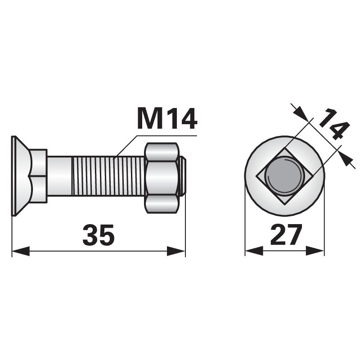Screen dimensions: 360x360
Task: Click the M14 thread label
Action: pyautogui.click(x=167, y=119)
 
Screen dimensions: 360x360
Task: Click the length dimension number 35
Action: pyautogui.click(x=98, y=234)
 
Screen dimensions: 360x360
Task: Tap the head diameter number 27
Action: pyautogui.click(x=286, y=234)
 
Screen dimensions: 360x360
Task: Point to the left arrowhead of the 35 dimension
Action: pyautogui.click(x=21, y=251)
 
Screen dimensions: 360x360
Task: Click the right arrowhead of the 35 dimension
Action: pyautogui.click(x=176, y=251)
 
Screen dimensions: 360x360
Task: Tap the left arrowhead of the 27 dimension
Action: pyautogui.click(x=254, y=251)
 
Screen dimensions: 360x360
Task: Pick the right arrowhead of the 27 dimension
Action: pyautogui.click(x=315, y=251)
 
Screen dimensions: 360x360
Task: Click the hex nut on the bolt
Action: pyautogui.click(x=162, y=178)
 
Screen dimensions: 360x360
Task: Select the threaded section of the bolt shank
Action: pyautogui.click(x=108, y=175)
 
